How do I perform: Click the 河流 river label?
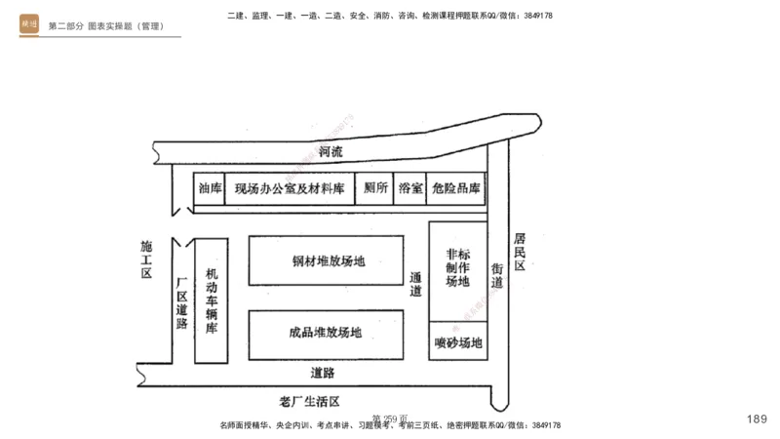click(x=331, y=152)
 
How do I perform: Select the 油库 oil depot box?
click(x=210, y=188)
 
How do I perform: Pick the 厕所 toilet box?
click(x=375, y=188)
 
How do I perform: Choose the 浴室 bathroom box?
click(x=410, y=188)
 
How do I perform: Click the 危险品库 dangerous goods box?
click(x=457, y=188)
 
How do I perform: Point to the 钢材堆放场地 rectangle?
click(x=327, y=260)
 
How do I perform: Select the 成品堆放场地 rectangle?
click(x=327, y=332)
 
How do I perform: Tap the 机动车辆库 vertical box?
click(x=212, y=300)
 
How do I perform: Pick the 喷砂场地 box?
click(x=457, y=342)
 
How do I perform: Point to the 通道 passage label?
click(x=416, y=283)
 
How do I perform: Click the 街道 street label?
click(x=497, y=274)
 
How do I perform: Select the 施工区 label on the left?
click(x=147, y=260)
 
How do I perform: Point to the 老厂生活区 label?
click(x=308, y=400)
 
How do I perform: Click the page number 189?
click(x=757, y=419)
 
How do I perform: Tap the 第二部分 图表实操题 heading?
click(x=105, y=25)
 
